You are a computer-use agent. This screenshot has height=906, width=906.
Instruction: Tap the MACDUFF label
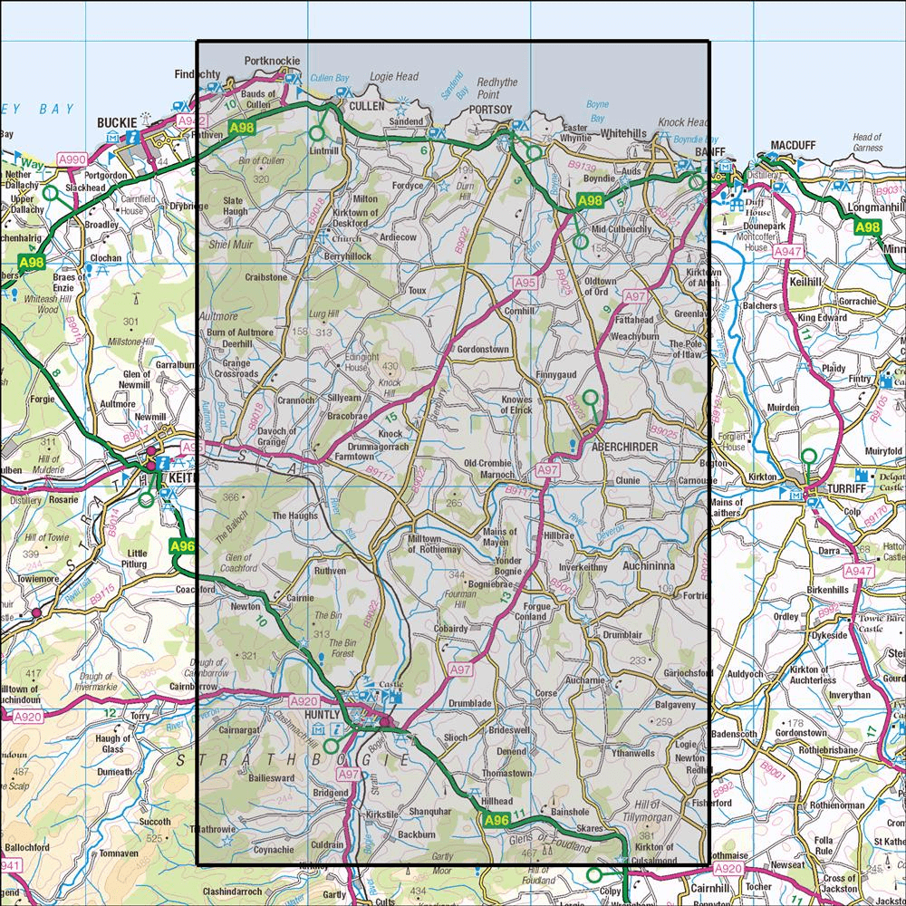pyautogui.click(x=795, y=145)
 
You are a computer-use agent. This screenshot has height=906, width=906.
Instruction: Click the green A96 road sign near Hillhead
pyautogui.click(x=496, y=821)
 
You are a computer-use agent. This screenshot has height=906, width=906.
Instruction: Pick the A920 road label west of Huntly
pyautogui.click(x=304, y=701)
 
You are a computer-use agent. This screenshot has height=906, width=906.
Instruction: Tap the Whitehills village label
pyautogui.click(x=624, y=133)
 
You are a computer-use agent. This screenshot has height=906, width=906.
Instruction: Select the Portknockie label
pyautogui.click(x=272, y=63)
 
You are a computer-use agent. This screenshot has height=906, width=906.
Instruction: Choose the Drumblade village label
pyautogui.click(x=469, y=703)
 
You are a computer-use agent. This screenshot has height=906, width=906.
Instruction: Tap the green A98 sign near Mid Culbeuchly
pyautogui.click(x=590, y=200)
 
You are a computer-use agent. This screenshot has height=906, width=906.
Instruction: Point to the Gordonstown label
pyautogui.click(x=484, y=350)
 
